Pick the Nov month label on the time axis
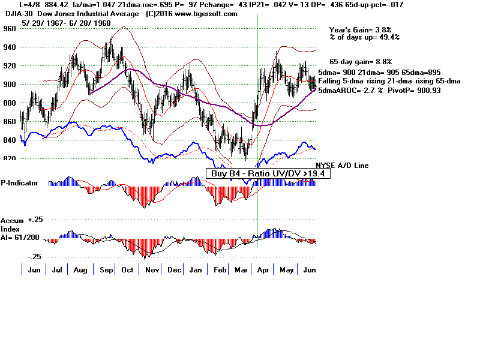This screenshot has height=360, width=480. [151, 270]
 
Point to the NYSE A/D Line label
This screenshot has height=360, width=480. [342, 165]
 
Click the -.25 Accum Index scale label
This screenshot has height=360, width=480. [34, 256]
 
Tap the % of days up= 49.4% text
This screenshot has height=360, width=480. [364, 37]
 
